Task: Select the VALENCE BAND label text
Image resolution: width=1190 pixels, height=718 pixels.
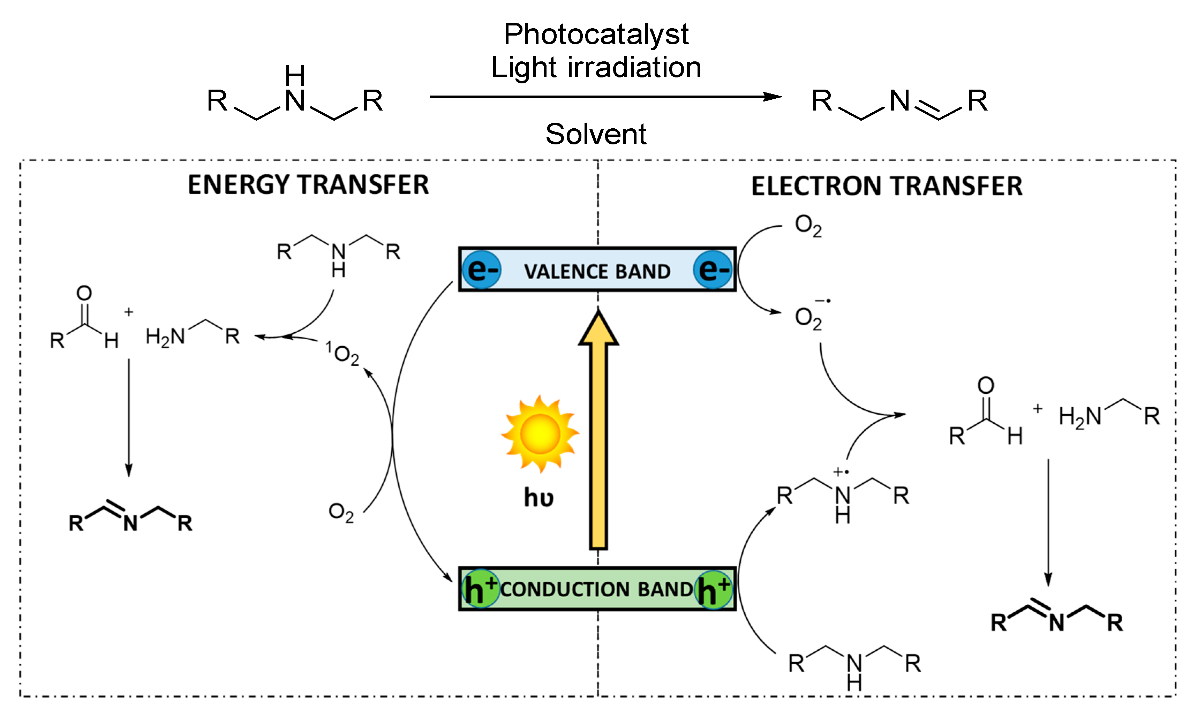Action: [x=597, y=271]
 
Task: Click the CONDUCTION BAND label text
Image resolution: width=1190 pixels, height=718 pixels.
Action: [x=596, y=589]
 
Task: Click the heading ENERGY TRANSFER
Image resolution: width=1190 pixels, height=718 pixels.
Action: [x=308, y=185]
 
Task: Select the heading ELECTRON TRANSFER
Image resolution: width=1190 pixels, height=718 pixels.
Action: [x=887, y=186]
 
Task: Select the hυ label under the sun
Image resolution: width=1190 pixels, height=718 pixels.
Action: [x=538, y=498]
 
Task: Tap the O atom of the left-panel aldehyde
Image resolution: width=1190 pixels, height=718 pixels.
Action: [x=84, y=293]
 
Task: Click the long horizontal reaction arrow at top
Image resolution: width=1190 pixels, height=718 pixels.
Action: [x=604, y=97]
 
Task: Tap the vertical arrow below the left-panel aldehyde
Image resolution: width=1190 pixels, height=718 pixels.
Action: [x=128, y=418]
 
